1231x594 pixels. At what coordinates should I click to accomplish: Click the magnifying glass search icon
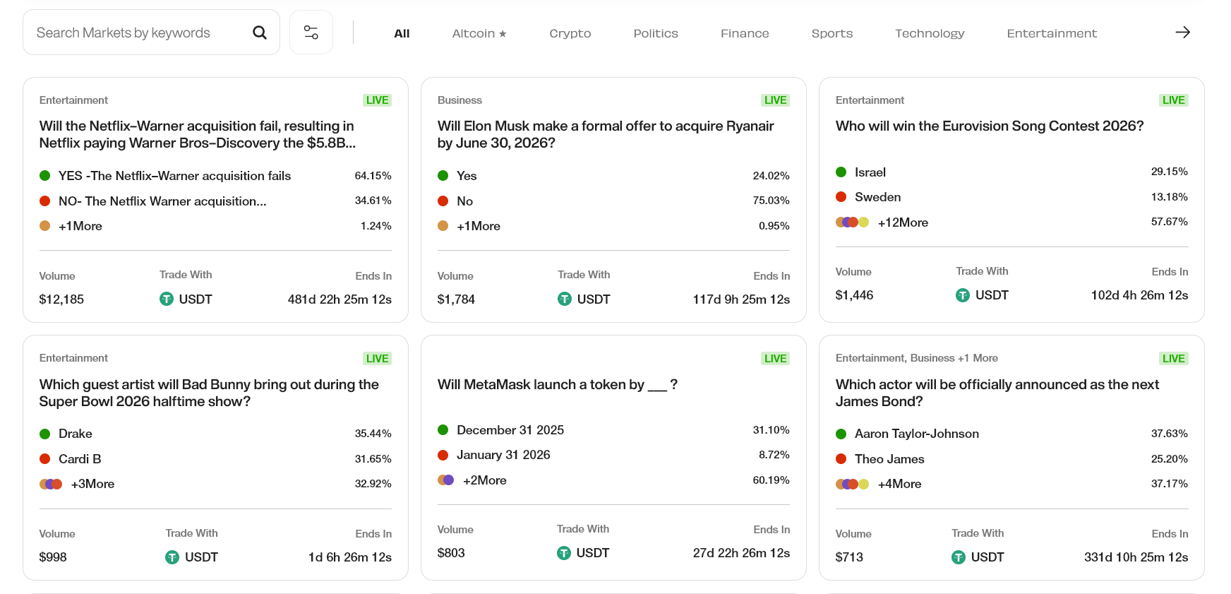coord(260,32)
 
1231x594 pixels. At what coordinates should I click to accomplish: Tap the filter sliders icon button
coord(311,32)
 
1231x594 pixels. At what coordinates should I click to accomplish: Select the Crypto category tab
coord(570,33)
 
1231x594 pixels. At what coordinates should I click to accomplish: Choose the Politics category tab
coord(655,33)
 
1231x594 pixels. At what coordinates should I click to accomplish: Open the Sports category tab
coord(831,33)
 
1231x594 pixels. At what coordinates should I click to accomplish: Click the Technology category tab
coord(929,33)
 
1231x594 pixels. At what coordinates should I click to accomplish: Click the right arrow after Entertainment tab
coord(1182,32)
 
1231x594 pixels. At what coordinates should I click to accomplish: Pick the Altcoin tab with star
coord(479,33)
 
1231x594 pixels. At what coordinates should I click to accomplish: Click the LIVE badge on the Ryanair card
coord(774,100)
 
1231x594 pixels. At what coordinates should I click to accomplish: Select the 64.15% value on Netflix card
coord(373,176)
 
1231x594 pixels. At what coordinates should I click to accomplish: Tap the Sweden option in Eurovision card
coord(877,197)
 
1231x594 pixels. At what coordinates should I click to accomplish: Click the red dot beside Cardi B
coord(45,459)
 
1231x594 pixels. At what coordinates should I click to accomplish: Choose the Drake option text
coord(76,434)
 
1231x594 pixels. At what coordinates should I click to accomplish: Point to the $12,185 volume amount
coord(61,299)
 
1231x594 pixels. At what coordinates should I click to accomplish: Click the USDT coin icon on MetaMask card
coord(563,553)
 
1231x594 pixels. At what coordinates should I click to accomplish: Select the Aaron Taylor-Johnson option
coord(916,434)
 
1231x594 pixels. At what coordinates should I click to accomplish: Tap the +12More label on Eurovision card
coord(903,222)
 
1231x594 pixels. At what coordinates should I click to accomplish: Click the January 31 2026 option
coord(503,455)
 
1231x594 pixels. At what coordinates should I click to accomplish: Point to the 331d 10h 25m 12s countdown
coord(1136,557)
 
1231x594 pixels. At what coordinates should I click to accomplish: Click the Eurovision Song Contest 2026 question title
coord(989,126)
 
